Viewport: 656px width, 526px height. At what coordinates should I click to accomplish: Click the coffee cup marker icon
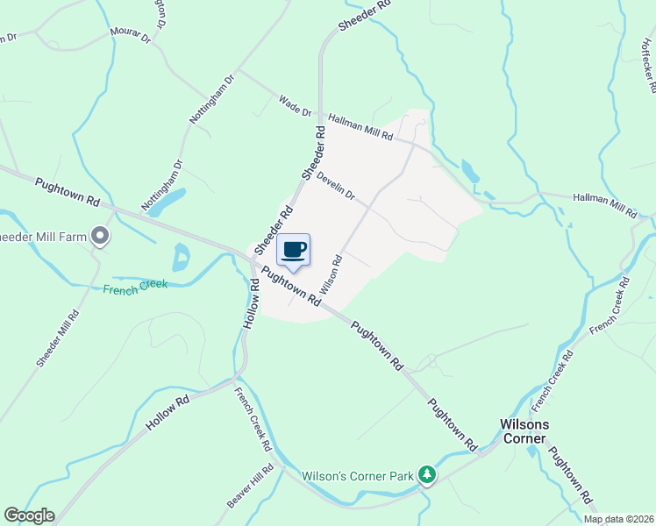pyautogui.click(x=295, y=250)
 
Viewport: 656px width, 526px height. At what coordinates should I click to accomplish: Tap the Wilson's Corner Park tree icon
pyautogui.click(x=427, y=475)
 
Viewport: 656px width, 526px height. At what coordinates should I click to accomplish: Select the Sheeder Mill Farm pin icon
pyautogui.click(x=101, y=235)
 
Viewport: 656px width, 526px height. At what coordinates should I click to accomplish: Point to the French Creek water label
pyautogui.click(x=133, y=289)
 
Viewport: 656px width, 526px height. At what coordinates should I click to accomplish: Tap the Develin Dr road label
pyautogui.click(x=336, y=183)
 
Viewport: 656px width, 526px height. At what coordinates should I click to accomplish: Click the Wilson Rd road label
pyautogui.click(x=330, y=274)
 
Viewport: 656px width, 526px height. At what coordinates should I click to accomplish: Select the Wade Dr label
pyautogui.click(x=295, y=106)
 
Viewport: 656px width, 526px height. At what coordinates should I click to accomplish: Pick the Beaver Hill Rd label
pyautogui.click(x=251, y=485)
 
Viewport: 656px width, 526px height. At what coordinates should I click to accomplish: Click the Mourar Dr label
pyautogui.click(x=131, y=35)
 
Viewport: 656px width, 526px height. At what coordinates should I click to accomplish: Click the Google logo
pyautogui.click(x=29, y=515)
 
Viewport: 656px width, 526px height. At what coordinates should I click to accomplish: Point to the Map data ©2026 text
pyautogui.click(x=618, y=519)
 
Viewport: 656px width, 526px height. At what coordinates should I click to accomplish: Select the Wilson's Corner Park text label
pyautogui.click(x=357, y=477)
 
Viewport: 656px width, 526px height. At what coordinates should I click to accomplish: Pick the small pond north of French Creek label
pyautogui.click(x=182, y=257)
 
